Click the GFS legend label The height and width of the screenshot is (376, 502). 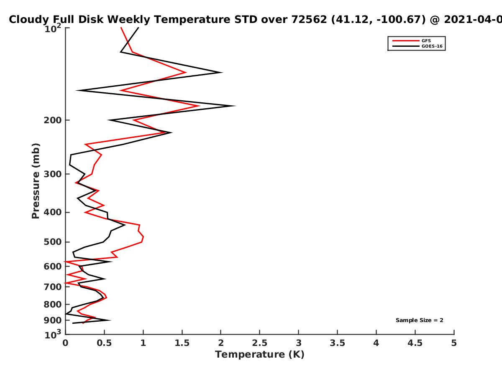point(426,41)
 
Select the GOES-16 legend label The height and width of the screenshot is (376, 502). point(432,46)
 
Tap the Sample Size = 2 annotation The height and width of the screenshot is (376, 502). point(420,320)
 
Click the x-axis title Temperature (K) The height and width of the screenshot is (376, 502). point(260,354)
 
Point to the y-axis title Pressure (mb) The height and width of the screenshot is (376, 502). point(36,181)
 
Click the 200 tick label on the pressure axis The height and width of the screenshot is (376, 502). point(53,120)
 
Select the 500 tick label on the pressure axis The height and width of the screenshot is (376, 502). point(53,242)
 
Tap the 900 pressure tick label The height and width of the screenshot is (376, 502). point(53,320)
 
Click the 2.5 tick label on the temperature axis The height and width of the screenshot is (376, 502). point(260,343)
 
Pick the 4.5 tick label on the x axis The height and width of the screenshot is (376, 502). point(415,343)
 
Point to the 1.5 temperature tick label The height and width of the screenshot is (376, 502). point(182,343)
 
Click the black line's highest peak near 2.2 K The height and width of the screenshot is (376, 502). point(234,106)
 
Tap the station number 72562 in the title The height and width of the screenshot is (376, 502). point(309,20)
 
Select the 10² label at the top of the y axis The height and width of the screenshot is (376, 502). point(53,28)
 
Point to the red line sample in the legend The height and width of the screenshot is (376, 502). point(406,41)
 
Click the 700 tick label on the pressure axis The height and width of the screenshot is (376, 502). point(53,287)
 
